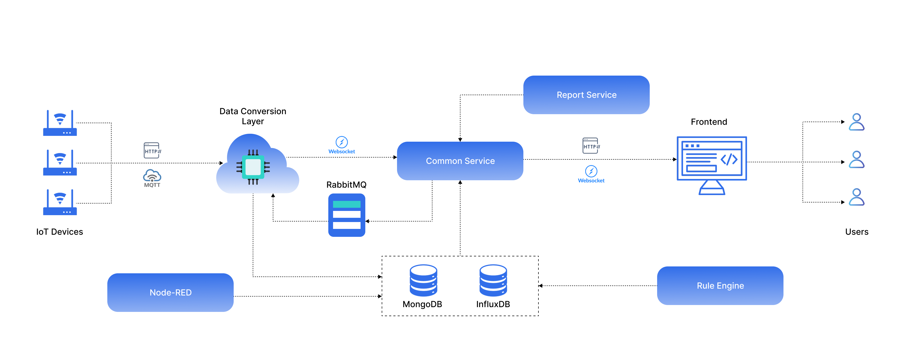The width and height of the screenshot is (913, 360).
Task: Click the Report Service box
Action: tap(586, 95)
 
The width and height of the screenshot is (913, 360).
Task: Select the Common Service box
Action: tap(460, 161)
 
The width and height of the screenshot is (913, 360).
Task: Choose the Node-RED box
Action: tap(170, 292)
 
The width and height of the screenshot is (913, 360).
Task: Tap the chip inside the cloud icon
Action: tap(253, 167)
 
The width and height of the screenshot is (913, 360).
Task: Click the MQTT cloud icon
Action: tap(152, 176)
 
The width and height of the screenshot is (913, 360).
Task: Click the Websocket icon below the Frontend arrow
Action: tap(591, 172)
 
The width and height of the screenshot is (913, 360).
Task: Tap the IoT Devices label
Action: tap(59, 232)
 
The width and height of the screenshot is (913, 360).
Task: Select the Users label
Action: tap(856, 232)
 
